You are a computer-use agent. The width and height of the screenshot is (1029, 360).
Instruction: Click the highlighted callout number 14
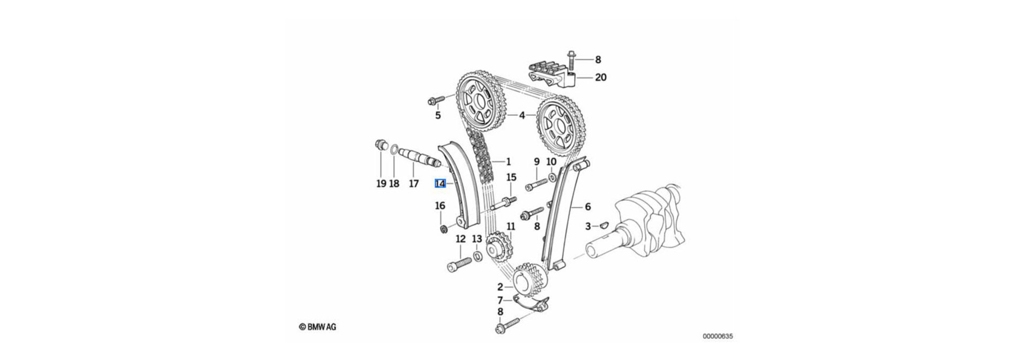tap(440, 183)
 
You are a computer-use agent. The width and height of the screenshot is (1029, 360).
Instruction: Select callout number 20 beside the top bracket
tap(601, 78)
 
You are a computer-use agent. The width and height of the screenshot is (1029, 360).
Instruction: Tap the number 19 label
tap(381, 184)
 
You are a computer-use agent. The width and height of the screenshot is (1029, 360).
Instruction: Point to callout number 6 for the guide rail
tap(587, 206)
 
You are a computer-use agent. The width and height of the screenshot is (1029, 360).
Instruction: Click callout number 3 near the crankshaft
tap(588, 227)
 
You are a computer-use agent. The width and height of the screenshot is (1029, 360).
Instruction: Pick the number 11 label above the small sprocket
tap(511, 227)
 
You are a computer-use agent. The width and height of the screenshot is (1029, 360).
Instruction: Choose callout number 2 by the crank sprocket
tap(500, 287)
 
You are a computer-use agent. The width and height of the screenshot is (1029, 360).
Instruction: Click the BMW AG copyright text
tap(318, 327)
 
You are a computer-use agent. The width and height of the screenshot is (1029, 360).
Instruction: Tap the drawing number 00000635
tap(718, 337)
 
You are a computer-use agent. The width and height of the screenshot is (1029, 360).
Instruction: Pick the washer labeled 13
tap(478, 260)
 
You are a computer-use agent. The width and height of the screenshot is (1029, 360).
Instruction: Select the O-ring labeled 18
tap(393, 149)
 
